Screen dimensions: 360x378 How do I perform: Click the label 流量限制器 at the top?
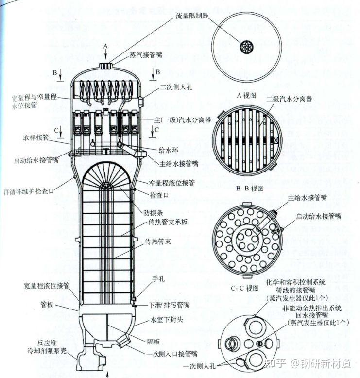(x=192, y=16)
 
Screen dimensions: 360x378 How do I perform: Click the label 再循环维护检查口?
(x=34, y=191)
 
